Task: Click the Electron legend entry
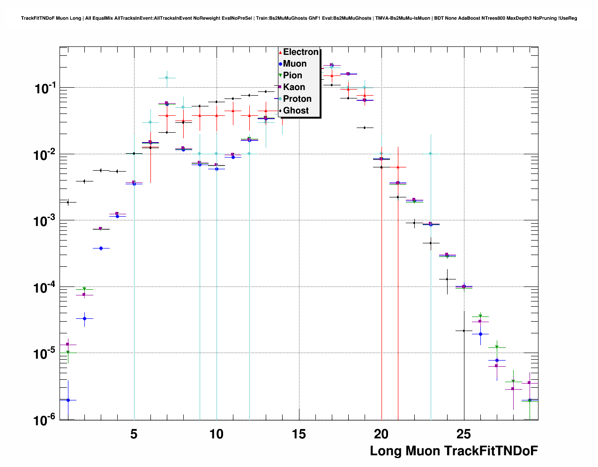click(x=300, y=52)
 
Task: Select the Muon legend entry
click(x=295, y=64)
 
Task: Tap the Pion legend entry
click(x=292, y=75)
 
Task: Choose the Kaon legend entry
click(x=294, y=87)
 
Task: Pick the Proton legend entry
click(x=297, y=99)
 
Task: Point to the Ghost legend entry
click(x=296, y=111)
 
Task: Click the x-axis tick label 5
click(x=134, y=434)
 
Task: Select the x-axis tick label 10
click(x=217, y=434)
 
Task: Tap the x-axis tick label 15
click(x=299, y=434)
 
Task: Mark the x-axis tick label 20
click(x=381, y=434)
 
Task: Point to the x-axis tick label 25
click(x=464, y=434)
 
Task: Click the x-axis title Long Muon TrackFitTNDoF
click(x=454, y=451)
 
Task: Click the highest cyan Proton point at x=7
click(x=167, y=78)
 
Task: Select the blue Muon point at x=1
click(x=68, y=400)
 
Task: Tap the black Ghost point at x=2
click(x=84, y=181)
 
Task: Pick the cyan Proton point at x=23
click(x=431, y=153)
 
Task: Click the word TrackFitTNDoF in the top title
click(x=38, y=18)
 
